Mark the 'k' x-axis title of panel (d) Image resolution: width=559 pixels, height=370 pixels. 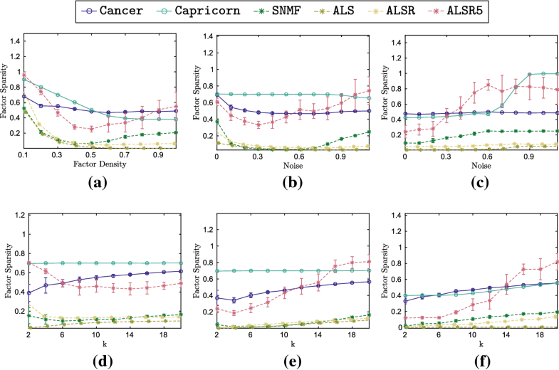pyautogui.click(x=99, y=341)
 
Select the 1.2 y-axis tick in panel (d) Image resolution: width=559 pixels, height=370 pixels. pyautogui.click(x=15, y=215)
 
